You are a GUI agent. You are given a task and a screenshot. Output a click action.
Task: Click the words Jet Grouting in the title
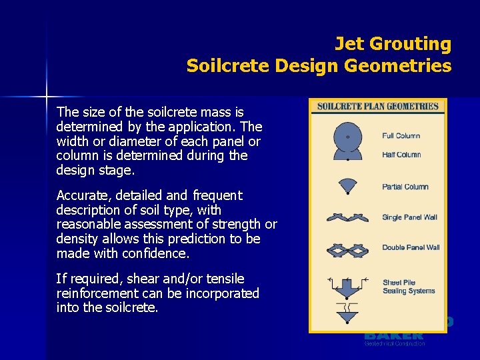[x=393, y=44]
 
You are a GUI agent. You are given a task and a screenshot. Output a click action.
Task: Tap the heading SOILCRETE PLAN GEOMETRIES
[x=377, y=107]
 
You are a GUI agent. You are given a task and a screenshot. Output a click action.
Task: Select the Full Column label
[x=401, y=136]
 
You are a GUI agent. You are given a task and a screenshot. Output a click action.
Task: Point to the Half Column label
[x=401, y=155]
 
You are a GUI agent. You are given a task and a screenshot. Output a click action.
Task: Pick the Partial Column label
[x=405, y=187]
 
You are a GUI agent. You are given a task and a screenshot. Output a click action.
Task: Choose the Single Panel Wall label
[x=409, y=217]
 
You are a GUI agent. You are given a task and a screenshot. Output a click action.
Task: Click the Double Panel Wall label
[x=411, y=247]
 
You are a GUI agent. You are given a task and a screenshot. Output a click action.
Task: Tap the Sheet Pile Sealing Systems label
[x=409, y=287]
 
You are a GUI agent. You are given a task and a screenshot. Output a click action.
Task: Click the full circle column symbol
[x=347, y=137]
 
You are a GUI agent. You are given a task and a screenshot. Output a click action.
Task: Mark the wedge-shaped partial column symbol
[x=347, y=185]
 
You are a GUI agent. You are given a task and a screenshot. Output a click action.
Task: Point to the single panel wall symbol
[x=347, y=217]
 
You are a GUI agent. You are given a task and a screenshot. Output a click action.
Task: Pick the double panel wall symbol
[x=347, y=250]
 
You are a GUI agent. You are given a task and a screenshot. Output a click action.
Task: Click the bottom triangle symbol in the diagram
[x=347, y=314]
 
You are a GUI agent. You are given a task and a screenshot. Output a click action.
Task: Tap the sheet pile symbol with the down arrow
[x=347, y=286]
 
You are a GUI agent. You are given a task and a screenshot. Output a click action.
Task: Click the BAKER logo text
[x=393, y=335]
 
